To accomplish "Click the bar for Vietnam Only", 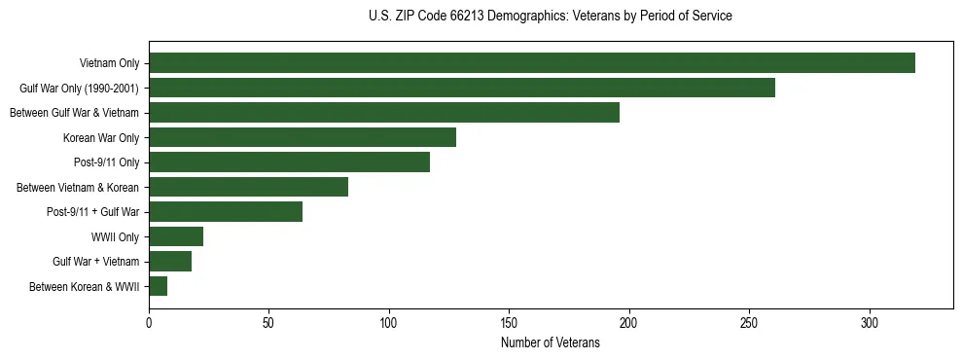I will click(x=532, y=63).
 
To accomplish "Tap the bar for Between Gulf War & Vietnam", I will click(x=384, y=113).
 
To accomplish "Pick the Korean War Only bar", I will click(x=303, y=137).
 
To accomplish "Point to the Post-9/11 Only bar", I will click(x=289, y=162).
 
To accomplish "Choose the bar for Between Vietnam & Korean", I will click(x=248, y=187).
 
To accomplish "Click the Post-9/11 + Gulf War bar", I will click(x=226, y=212).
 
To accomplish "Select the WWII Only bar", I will click(x=176, y=236).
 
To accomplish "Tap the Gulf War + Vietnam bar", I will click(x=170, y=262).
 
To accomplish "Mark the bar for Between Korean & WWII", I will click(x=159, y=286).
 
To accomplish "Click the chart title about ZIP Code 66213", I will click(x=551, y=17).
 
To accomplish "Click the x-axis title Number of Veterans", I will click(x=551, y=343).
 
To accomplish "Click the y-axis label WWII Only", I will click(x=115, y=236).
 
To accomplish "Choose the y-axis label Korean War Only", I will click(x=101, y=137).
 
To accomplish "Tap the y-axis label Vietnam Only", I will click(x=109, y=63).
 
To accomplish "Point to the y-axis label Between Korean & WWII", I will click(x=85, y=286).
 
